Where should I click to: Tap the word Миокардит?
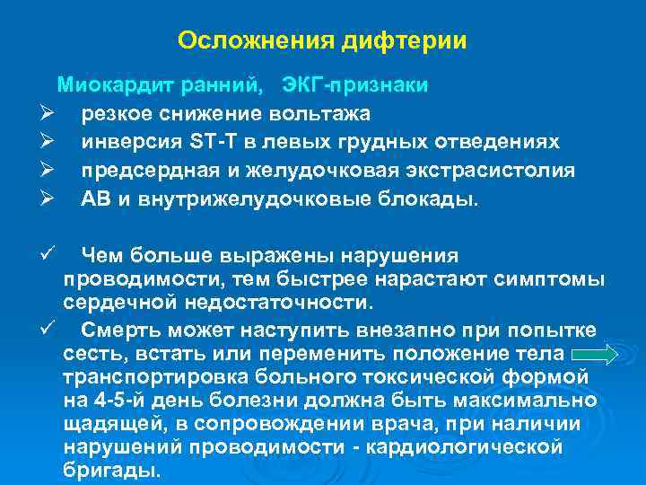pyautogui.click(x=115, y=85)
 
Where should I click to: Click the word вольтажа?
pyautogui.click(x=314, y=114)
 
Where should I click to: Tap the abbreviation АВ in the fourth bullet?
pyautogui.click(x=94, y=199)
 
